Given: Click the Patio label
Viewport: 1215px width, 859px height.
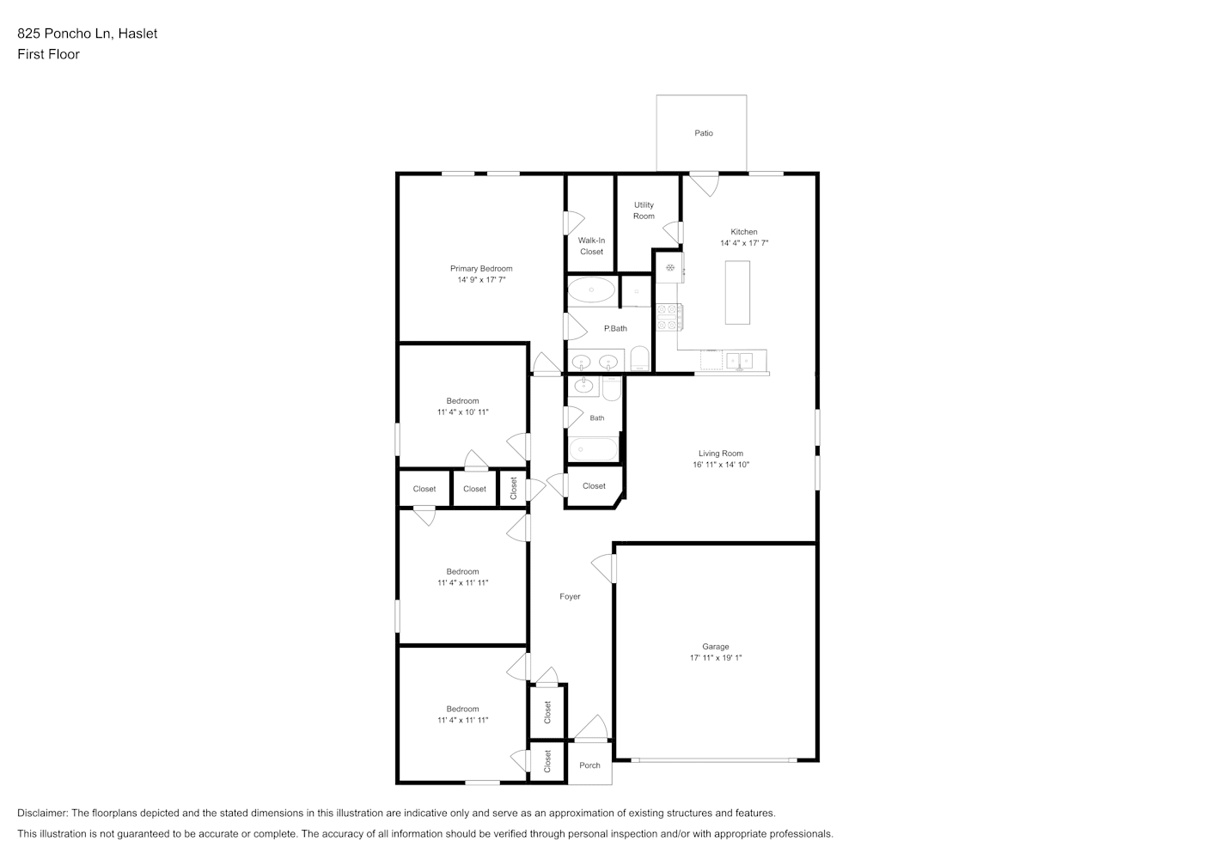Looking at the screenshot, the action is pos(704,133).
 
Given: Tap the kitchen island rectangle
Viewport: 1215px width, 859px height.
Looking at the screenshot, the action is pos(737,293).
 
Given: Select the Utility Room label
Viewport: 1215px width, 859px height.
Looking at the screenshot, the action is pos(644,210).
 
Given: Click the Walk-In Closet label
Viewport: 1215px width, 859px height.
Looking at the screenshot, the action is pos(591,247).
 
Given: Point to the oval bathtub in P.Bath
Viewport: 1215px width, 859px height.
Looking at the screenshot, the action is pos(591,290).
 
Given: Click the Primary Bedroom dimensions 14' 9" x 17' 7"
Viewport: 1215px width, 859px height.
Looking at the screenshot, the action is pos(481,280).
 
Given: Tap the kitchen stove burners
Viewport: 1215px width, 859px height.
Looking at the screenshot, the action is pos(669,317).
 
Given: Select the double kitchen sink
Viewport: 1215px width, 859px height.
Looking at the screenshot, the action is pos(740,361).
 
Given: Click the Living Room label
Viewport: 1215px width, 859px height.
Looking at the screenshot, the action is pos(721,454).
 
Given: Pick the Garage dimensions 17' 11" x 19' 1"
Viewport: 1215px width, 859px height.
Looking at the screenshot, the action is pos(716,658).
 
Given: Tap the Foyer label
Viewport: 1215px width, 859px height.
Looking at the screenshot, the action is pos(570,596).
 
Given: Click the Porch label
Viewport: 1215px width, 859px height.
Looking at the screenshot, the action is pos(589,765).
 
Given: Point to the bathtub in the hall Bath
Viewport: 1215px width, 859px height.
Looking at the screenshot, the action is pos(593,449).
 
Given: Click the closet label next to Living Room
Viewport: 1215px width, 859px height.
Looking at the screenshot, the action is pos(594,486).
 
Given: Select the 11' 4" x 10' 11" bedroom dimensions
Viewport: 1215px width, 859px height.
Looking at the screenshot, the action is pos(462,412).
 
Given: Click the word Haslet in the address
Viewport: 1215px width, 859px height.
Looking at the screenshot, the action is pos(137,34).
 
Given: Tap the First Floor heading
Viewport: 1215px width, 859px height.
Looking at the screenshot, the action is pos(48,54).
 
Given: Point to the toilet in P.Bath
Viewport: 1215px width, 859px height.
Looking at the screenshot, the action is pos(640,358).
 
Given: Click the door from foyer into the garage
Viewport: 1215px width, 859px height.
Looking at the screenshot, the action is pos(604,569).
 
